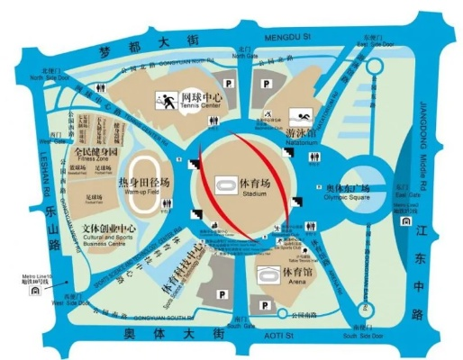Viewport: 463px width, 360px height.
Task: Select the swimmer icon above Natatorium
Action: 300,116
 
